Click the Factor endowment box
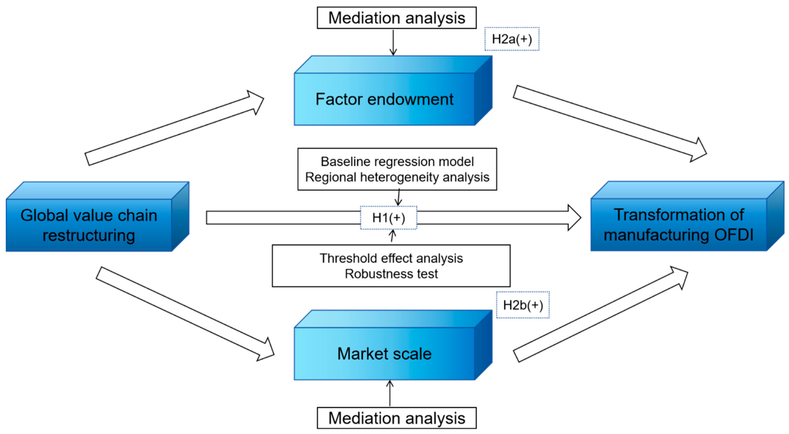pos(393,90)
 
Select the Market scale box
pos(393,345)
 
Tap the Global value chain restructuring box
pos(97,216)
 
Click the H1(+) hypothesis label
pos(389,218)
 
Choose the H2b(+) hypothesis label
pos(523,305)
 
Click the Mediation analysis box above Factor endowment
pos(397,18)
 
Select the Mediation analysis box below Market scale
pos(397,418)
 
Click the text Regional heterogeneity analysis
pos(397,177)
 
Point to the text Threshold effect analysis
pos(391,258)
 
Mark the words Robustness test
pos(391,274)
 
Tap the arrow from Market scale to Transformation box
pos(601,314)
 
